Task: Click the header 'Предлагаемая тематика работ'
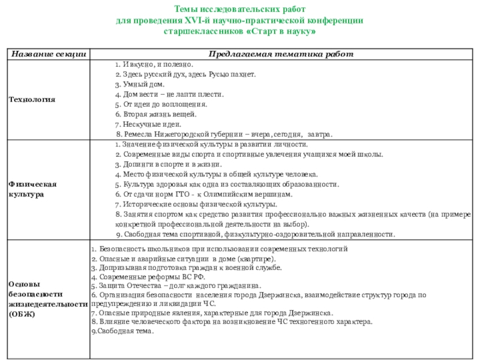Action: pyautogui.click(x=281, y=55)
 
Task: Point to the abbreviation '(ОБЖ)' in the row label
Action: pyautogui.click(x=22, y=314)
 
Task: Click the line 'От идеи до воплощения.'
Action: pyautogui.click(x=161, y=104)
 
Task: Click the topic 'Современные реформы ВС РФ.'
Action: pyautogui.click(x=148, y=278)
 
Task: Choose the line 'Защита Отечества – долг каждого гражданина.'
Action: pyautogui.click(x=176, y=286)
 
